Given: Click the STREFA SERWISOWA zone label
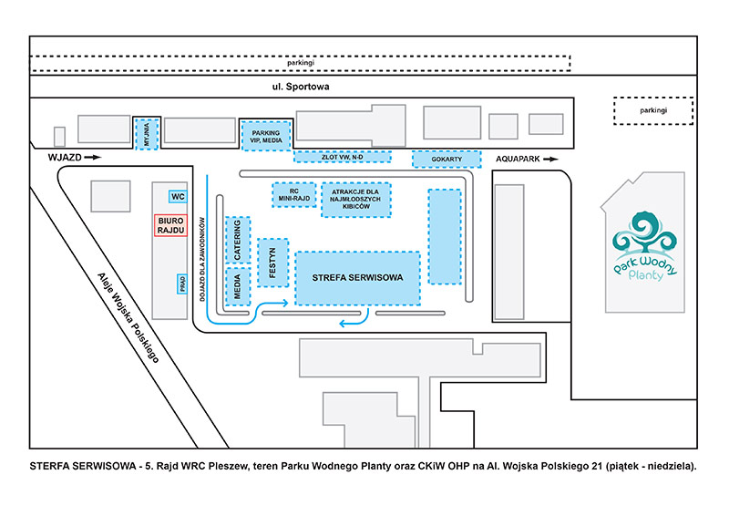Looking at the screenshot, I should pos(357,277).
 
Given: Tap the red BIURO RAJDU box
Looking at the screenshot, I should pos(171,224).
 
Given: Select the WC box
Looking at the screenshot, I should pos(178,196).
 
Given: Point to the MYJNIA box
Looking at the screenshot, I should pos(147,133).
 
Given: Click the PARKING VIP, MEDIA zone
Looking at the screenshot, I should pos(266,134).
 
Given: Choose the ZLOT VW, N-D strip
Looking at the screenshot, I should pos(343,157).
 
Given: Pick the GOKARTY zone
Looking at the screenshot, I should pos(447,159).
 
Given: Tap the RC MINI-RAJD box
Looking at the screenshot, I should pos(294,194).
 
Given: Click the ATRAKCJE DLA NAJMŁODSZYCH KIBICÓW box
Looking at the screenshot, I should pos(356,200).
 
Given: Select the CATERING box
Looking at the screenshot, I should pos(238,241).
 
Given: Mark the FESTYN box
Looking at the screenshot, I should pos(272,263).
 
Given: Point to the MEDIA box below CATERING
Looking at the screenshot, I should pos(238,286).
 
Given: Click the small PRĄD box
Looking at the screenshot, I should pos(182,284).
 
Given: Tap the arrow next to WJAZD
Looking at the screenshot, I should pos(93,159).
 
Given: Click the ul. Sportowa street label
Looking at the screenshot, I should pos(294,88).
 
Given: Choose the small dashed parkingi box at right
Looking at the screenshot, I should pos(652,110).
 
